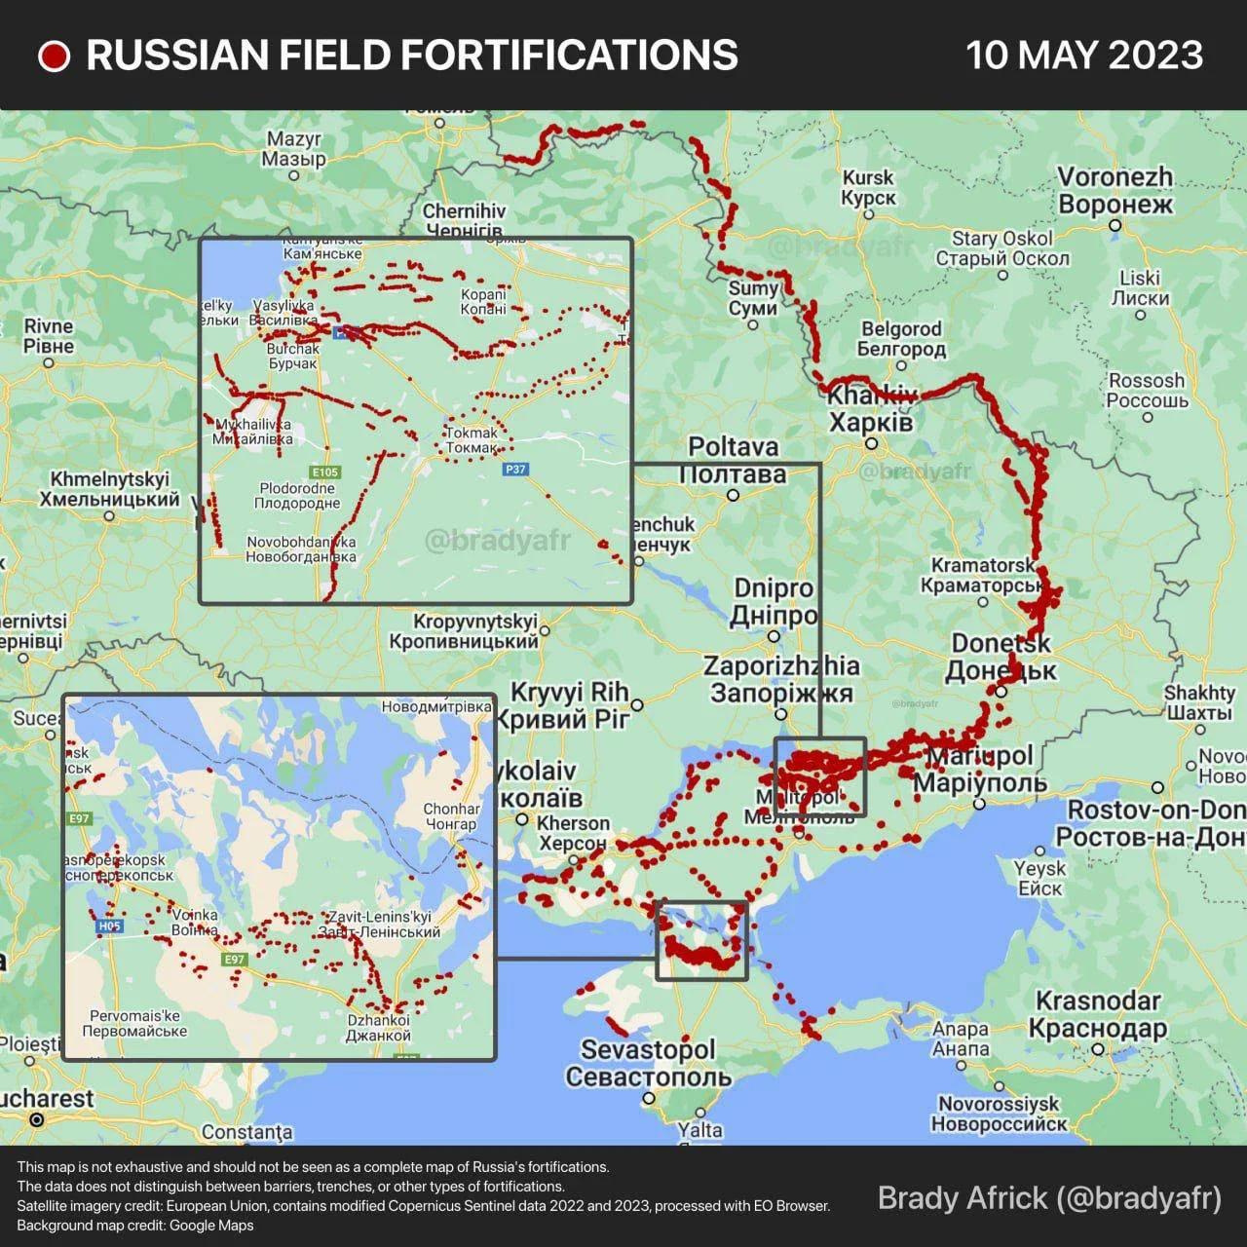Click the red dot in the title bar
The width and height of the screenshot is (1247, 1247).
point(54,57)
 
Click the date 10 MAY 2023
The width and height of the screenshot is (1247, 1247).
point(1083,56)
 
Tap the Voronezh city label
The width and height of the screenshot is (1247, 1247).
point(1115,191)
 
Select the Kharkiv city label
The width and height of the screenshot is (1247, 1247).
point(872,409)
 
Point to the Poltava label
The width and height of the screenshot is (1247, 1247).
point(734,460)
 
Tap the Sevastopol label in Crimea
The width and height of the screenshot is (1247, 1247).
point(648,1063)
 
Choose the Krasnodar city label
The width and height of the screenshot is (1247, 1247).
point(1098,1014)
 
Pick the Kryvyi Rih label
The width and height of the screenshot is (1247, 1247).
point(570,705)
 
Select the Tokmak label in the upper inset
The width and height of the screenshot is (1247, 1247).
point(472,440)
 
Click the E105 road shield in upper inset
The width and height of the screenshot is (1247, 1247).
point(325,472)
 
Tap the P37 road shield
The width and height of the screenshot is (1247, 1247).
point(515,470)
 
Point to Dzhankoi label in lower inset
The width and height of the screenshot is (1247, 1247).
point(379,1028)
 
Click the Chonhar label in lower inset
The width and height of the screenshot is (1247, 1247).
point(451,816)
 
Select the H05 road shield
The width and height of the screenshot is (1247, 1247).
point(109,926)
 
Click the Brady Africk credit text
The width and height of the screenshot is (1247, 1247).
point(1049,1198)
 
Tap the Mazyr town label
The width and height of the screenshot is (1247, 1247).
point(294,149)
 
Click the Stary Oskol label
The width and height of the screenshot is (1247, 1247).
point(1002,248)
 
